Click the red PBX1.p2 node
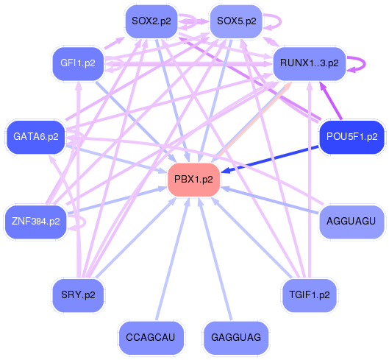click(194, 179)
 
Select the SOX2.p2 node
click(151, 21)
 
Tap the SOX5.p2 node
click(235, 21)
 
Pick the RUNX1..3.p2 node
click(309, 63)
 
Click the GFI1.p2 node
click(78, 63)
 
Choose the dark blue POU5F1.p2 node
click(351, 136)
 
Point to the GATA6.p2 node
click(35, 136)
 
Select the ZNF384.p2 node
click(35, 220)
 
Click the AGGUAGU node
click(351, 221)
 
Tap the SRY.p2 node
click(78, 294)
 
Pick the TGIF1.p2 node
click(309, 294)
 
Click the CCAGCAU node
click(151, 337)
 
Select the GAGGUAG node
click(235, 337)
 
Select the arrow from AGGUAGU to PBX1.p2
click(272, 200)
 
